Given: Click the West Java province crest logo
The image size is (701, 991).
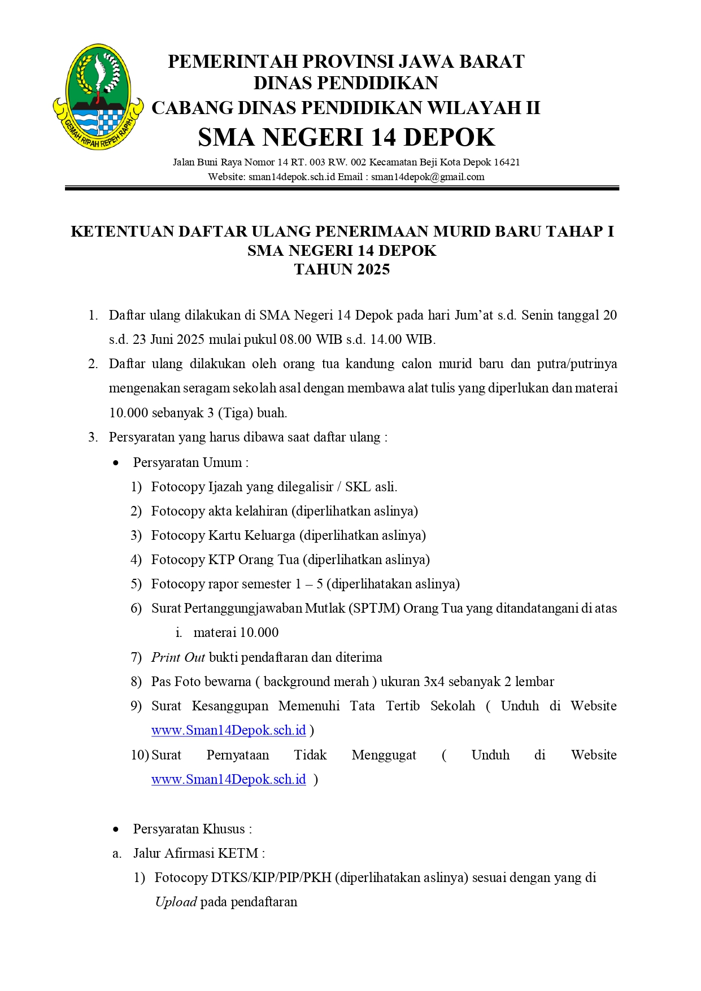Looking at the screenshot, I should [98, 97].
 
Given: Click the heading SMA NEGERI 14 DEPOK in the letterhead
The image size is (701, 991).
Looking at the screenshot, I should [346, 137].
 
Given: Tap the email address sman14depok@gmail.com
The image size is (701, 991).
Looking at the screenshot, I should [428, 177].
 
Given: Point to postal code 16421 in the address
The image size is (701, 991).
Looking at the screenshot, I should [507, 163].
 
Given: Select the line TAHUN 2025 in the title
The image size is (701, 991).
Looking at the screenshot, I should [342, 269].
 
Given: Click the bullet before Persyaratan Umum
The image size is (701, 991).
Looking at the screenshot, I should [116, 463].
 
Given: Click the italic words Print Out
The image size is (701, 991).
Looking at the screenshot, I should [178, 657].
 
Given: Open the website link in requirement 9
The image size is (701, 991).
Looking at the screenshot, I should [228, 730].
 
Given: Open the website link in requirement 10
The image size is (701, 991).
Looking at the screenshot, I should [228, 779].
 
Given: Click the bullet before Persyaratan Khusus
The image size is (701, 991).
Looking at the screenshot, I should [116, 830].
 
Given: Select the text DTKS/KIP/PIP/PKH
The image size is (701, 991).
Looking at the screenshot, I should [271, 878].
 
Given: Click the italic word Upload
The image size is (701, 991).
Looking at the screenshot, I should [176, 902].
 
